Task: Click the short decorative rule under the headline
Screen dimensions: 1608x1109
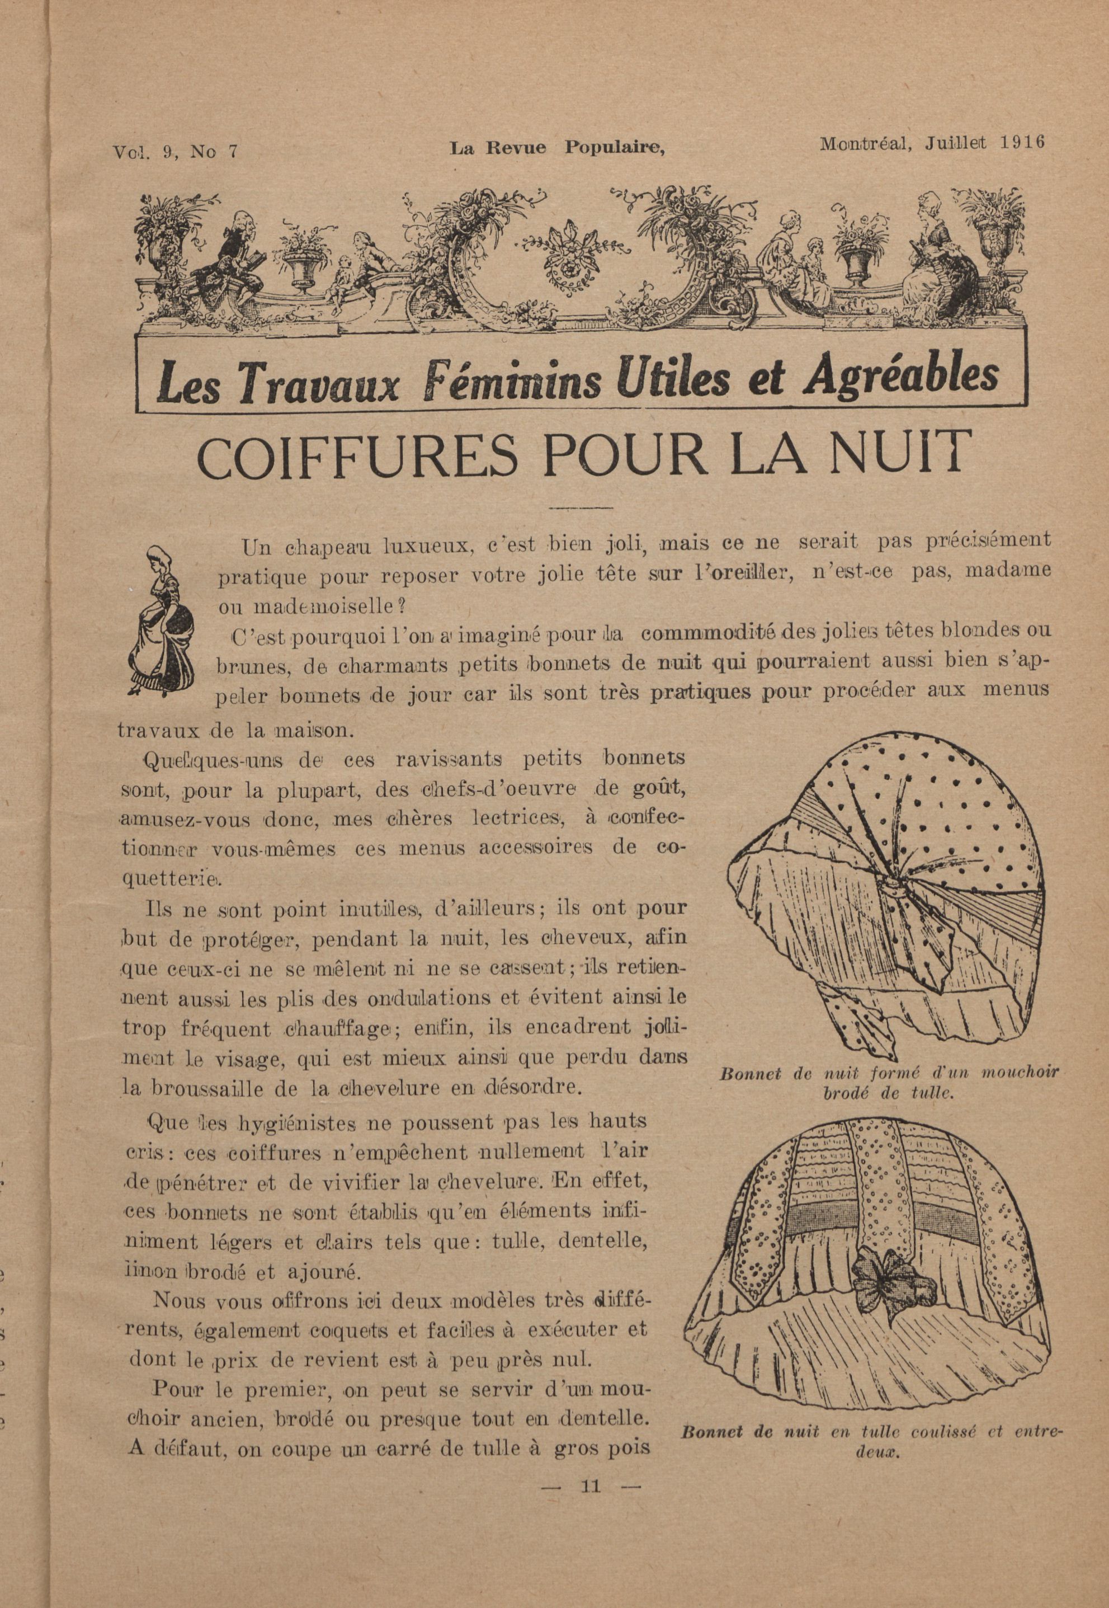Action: (x=580, y=510)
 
